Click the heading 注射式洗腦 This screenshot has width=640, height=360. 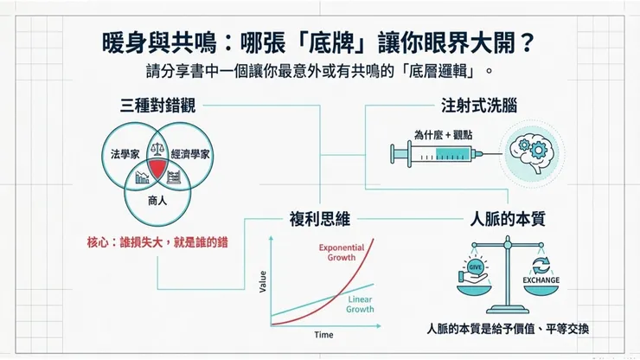(479, 106)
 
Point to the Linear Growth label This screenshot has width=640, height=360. (360, 303)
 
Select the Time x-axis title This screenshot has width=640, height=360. (323, 334)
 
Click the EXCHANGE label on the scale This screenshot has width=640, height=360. (541, 280)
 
